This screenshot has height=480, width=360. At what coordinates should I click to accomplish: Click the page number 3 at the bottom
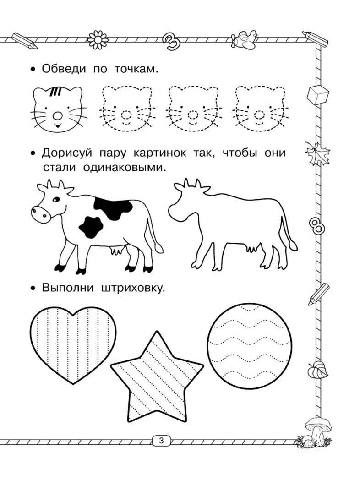(x=161, y=441)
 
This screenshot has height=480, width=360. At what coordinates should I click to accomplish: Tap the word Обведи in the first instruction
(x=64, y=69)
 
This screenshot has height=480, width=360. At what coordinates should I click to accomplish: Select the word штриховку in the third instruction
(x=132, y=288)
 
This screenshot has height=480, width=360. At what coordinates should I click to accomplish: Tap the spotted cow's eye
(x=56, y=200)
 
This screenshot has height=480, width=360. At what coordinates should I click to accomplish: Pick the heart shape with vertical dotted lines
(x=73, y=345)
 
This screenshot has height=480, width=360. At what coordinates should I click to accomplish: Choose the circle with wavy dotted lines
(x=250, y=346)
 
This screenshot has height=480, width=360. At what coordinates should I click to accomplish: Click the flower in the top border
(x=98, y=40)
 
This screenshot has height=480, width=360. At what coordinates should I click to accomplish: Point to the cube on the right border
(x=318, y=95)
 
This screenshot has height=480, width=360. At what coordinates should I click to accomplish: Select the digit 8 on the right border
(x=316, y=226)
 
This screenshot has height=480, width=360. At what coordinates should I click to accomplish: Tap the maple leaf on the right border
(x=317, y=153)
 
